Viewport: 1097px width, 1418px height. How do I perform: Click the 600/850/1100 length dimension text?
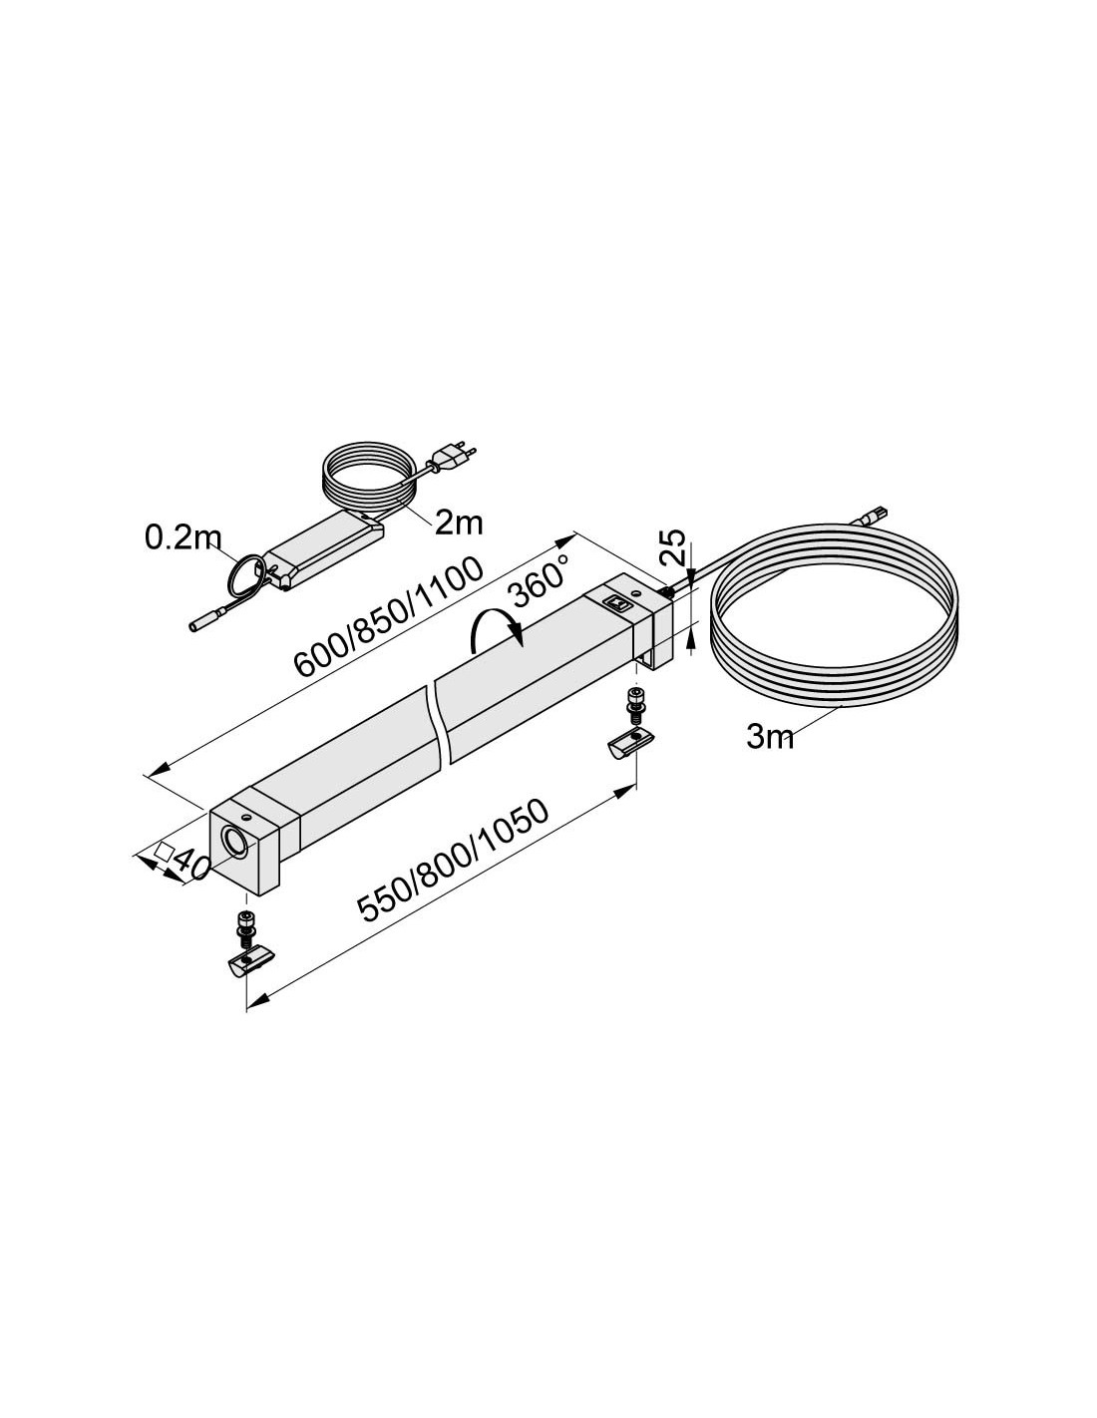pos(389,617)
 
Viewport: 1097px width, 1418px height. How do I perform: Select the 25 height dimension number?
pos(673,546)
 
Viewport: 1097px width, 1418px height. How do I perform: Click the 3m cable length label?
pos(770,737)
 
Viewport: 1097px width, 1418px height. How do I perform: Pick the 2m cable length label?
pos(459,523)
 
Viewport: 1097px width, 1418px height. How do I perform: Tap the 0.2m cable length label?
pos(183,538)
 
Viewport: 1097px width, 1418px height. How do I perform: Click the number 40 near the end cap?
pos(190,865)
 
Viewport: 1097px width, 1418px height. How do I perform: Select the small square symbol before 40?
pos(163,851)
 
